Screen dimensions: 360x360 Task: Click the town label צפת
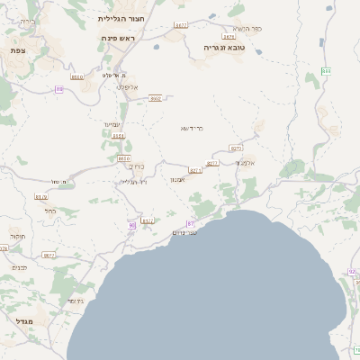click(x=17, y=51)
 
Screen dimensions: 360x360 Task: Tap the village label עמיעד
click(x=113, y=124)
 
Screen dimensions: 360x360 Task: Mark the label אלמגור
click(x=247, y=163)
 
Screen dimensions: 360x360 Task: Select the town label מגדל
click(x=23, y=319)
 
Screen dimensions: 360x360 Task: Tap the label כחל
click(x=50, y=211)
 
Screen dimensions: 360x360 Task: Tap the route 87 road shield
click(x=190, y=222)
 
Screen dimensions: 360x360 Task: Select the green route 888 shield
click(x=325, y=71)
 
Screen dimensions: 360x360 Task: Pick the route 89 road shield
click(x=59, y=89)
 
